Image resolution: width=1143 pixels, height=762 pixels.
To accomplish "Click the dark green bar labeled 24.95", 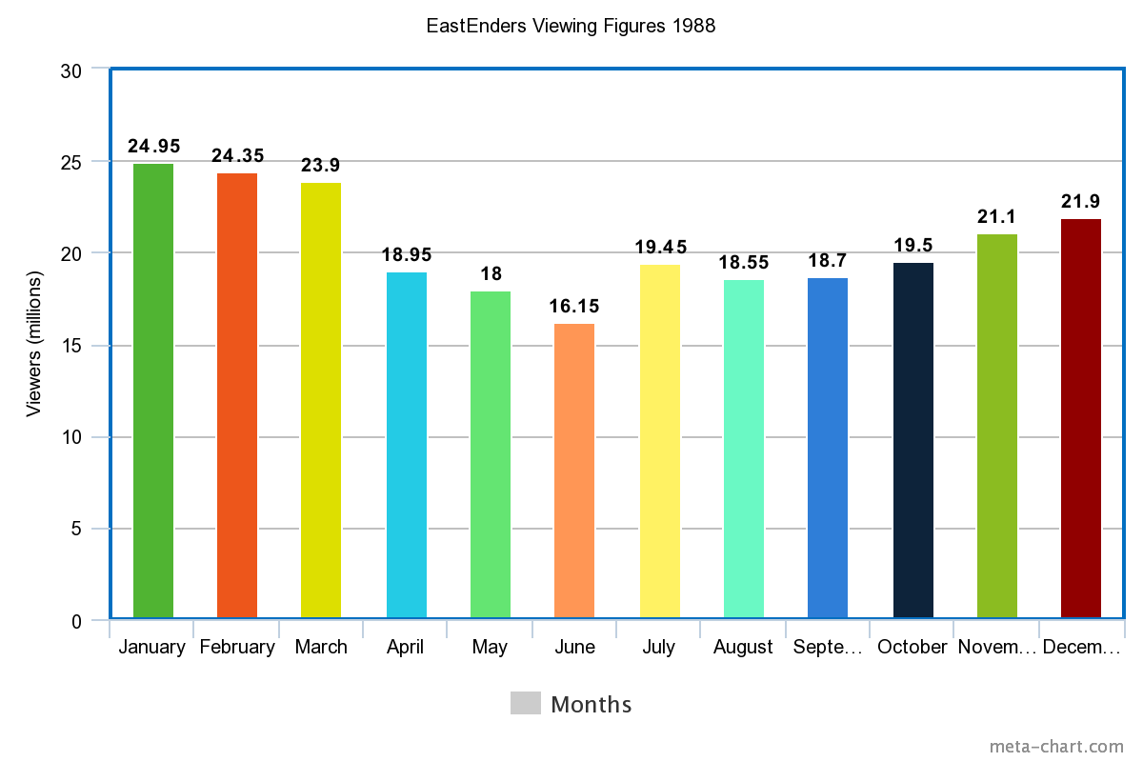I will point(153,391).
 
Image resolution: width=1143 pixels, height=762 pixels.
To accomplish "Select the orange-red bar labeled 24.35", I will point(237,395).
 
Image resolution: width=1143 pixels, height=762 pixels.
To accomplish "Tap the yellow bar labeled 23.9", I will point(321,400).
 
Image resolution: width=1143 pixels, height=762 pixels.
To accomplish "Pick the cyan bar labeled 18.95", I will point(407,445).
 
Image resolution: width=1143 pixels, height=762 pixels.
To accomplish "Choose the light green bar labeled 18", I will point(491,454).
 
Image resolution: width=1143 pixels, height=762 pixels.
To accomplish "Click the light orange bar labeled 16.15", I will point(574,471).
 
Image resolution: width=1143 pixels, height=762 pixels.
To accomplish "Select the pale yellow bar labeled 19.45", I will point(660,441).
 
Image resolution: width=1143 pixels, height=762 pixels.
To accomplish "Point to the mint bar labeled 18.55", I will point(744,449).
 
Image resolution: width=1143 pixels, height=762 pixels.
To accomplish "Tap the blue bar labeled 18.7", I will point(828,448).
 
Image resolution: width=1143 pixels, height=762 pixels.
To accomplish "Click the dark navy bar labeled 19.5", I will point(913,440).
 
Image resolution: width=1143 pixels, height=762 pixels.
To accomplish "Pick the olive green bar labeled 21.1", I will point(997,426).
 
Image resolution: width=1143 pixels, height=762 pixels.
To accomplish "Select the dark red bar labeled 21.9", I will point(1081,418).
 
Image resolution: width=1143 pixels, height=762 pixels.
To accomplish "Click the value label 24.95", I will point(154,147).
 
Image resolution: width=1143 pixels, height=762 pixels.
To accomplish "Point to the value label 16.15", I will point(574,307).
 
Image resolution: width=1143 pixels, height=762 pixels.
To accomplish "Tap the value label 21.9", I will point(1081,202).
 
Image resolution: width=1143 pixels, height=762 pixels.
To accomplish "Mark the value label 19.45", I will point(661,248).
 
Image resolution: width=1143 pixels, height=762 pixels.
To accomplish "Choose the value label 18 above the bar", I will point(491,274).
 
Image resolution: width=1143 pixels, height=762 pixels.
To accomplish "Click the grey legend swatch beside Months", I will point(526,703).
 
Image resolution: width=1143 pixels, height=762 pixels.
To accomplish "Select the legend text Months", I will point(592,705).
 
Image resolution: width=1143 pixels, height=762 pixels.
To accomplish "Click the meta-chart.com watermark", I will point(1056,746).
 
